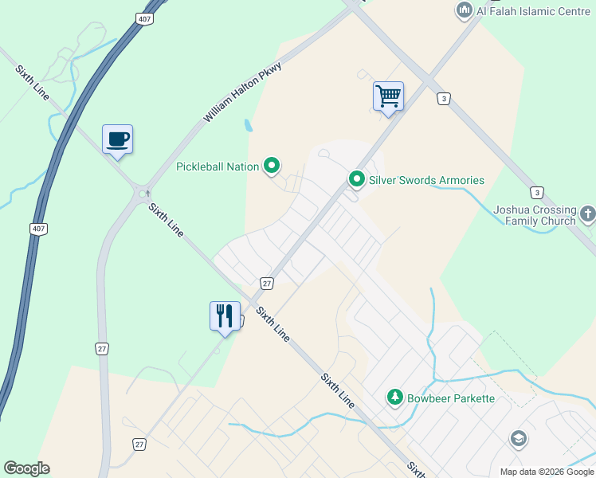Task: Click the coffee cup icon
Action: pyautogui.click(x=117, y=139)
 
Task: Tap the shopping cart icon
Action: pyautogui.click(x=388, y=96)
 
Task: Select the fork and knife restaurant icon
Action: pyautogui.click(x=225, y=316)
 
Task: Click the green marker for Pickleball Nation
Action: pyautogui.click(x=273, y=167)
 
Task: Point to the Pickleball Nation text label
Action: pyautogui.click(x=218, y=167)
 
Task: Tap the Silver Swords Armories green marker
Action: pyautogui.click(x=357, y=180)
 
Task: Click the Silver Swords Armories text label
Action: pyautogui.click(x=426, y=180)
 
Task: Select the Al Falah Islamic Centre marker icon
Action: pyautogui.click(x=464, y=11)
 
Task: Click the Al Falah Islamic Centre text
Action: pyautogui.click(x=523, y=11)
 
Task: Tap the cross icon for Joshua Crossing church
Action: pyautogui.click(x=588, y=214)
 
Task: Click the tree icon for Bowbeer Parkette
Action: pyautogui.click(x=394, y=397)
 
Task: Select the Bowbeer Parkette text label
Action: pyautogui.click(x=451, y=398)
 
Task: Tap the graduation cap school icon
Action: pyautogui.click(x=518, y=439)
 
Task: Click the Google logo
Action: pyautogui.click(x=26, y=468)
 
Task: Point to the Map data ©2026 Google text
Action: pyautogui.click(x=547, y=472)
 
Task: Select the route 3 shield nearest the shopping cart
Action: pyautogui.click(x=442, y=99)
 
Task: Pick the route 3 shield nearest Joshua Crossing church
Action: pyautogui.click(x=538, y=193)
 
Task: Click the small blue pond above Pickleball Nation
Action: pyautogui.click(x=249, y=125)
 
